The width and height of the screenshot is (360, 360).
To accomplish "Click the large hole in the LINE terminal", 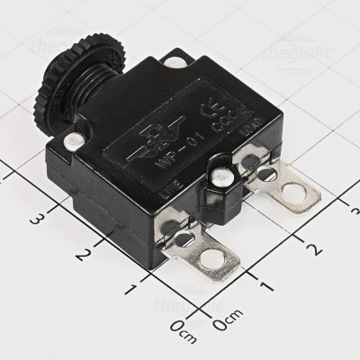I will pos(212,261).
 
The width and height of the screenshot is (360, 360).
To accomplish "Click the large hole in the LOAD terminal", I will pos(294,192).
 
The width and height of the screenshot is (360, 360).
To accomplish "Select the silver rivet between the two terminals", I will pos(217,176).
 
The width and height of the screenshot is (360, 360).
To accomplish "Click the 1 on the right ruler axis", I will pos(266,284).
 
